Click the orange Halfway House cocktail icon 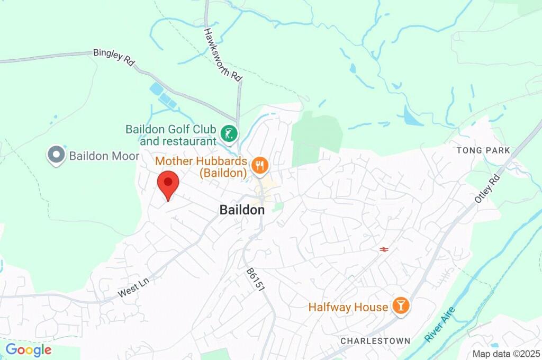click(x=400, y=306)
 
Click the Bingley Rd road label click(x=114, y=57)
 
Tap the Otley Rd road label click(x=487, y=188)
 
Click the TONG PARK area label click(x=483, y=150)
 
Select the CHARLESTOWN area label click(x=375, y=340)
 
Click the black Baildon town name click(x=242, y=210)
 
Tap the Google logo click(x=29, y=350)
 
